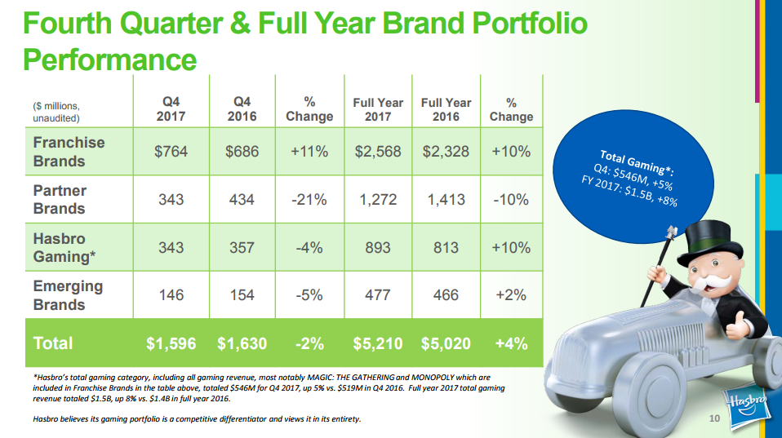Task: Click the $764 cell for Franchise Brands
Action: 171,152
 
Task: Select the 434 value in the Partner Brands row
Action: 242,199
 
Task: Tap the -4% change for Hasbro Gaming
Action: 309,247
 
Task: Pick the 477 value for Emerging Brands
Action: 378,294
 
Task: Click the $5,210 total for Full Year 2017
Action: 378,343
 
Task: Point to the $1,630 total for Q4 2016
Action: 242,343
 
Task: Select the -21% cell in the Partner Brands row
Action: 309,199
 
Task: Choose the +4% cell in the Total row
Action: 511,343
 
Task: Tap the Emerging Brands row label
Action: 69,295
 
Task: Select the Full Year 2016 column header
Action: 446,109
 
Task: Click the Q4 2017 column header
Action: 171,109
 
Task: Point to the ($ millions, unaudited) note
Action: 57,112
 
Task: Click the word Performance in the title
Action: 110,60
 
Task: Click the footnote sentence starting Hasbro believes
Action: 197,419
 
